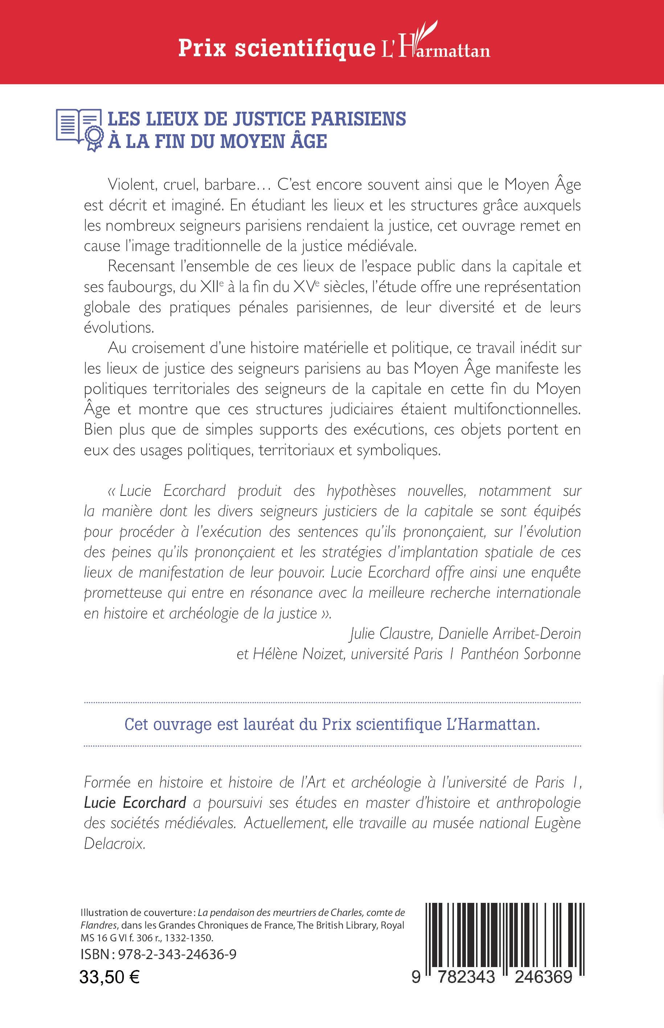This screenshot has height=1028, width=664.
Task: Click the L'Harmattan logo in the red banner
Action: [x=435, y=45]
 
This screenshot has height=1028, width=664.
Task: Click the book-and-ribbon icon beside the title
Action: [x=79, y=129]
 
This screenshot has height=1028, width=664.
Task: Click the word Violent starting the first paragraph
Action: [x=131, y=185]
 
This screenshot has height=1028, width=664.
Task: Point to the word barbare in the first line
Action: [x=235, y=185]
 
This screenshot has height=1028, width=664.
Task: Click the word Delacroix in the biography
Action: [x=114, y=843]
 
